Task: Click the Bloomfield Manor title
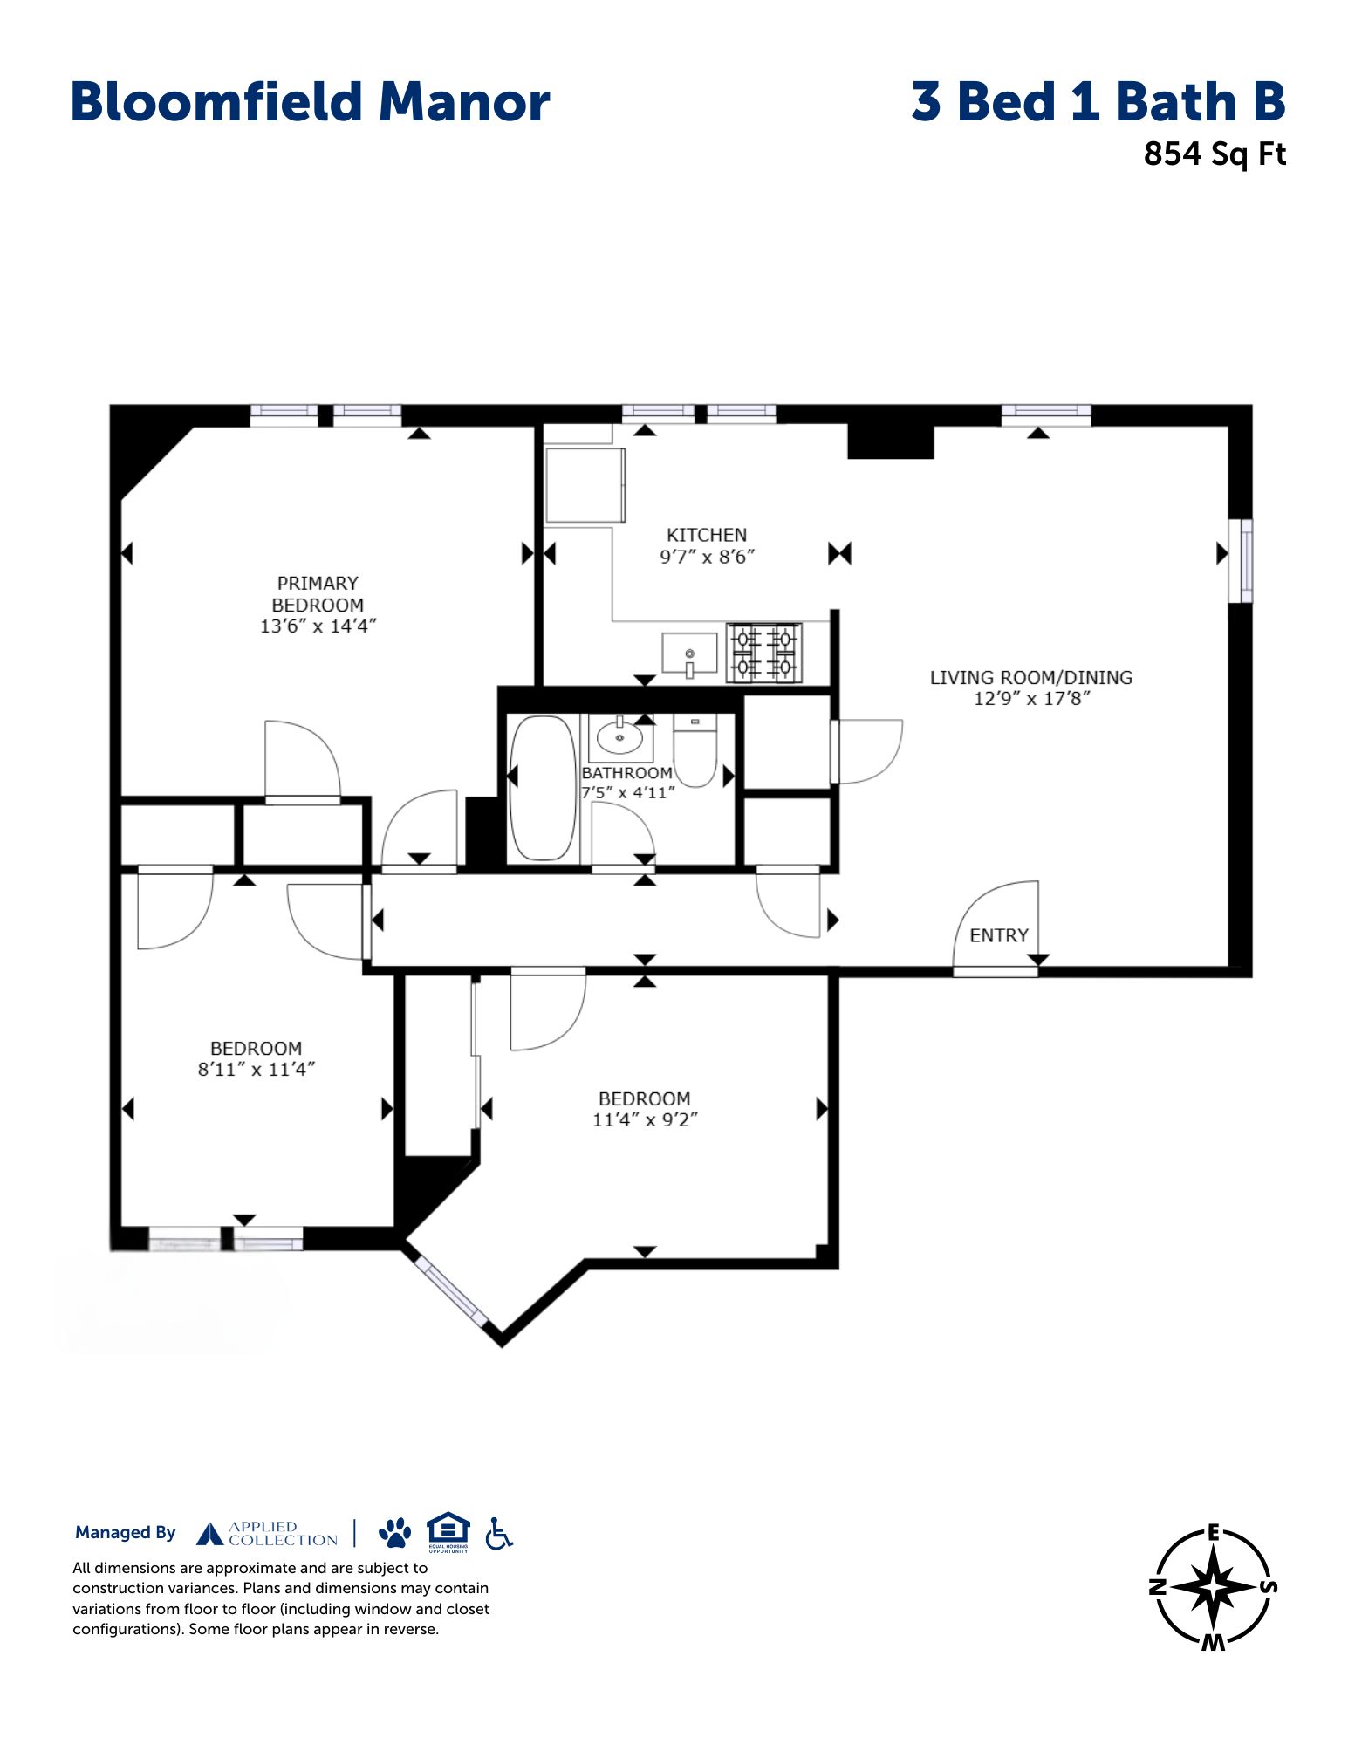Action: pos(310,101)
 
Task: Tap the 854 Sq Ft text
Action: pos(1215,154)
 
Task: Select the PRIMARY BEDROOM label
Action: pos(318,594)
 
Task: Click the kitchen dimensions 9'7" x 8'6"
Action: pos(707,557)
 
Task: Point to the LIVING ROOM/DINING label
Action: pos(1031,677)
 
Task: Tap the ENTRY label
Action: pos(999,935)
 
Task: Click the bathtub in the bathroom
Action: pos(543,788)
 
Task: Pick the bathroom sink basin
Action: pos(620,738)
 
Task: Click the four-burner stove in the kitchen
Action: pos(764,653)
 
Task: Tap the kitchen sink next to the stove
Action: pos(689,654)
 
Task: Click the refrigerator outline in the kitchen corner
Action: pos(585,485)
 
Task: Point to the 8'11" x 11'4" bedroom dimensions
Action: pos(256,1069)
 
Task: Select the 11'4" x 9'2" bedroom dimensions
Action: pos(645,1119)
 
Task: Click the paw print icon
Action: pos(395,1533)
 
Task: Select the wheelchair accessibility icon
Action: pos(499,1533)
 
